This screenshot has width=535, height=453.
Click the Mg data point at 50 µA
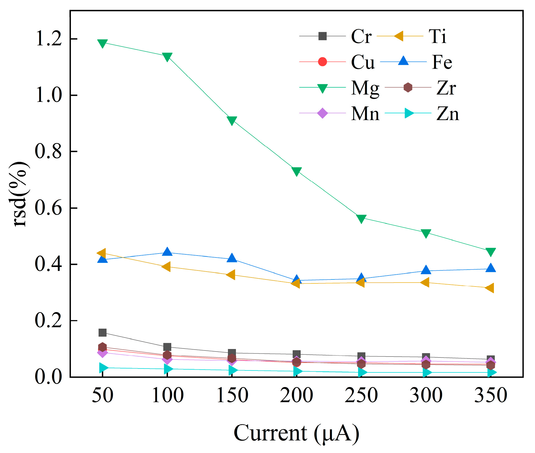(102, 43)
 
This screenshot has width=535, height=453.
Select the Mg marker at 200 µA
(296, 171)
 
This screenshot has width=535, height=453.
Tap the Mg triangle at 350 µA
(491, 252)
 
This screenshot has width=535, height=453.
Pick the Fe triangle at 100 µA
(167, 252)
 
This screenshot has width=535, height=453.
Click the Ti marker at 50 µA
(102, 253)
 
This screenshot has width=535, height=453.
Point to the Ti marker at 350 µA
(490, 288)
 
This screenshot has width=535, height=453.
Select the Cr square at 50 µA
(102, 332)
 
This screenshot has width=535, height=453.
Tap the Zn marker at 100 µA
(168, 369)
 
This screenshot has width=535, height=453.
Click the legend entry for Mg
(365, 88)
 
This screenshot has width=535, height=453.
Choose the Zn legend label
(447, 114)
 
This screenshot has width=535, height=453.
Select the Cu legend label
(363, 62)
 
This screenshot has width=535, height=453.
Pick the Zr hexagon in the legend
(408, 87)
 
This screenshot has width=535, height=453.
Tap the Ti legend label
(437, 36)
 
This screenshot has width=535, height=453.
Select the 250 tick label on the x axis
(361, 395)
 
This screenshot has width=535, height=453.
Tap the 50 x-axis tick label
(102, 395)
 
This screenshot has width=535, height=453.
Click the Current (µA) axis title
(296, 433)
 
